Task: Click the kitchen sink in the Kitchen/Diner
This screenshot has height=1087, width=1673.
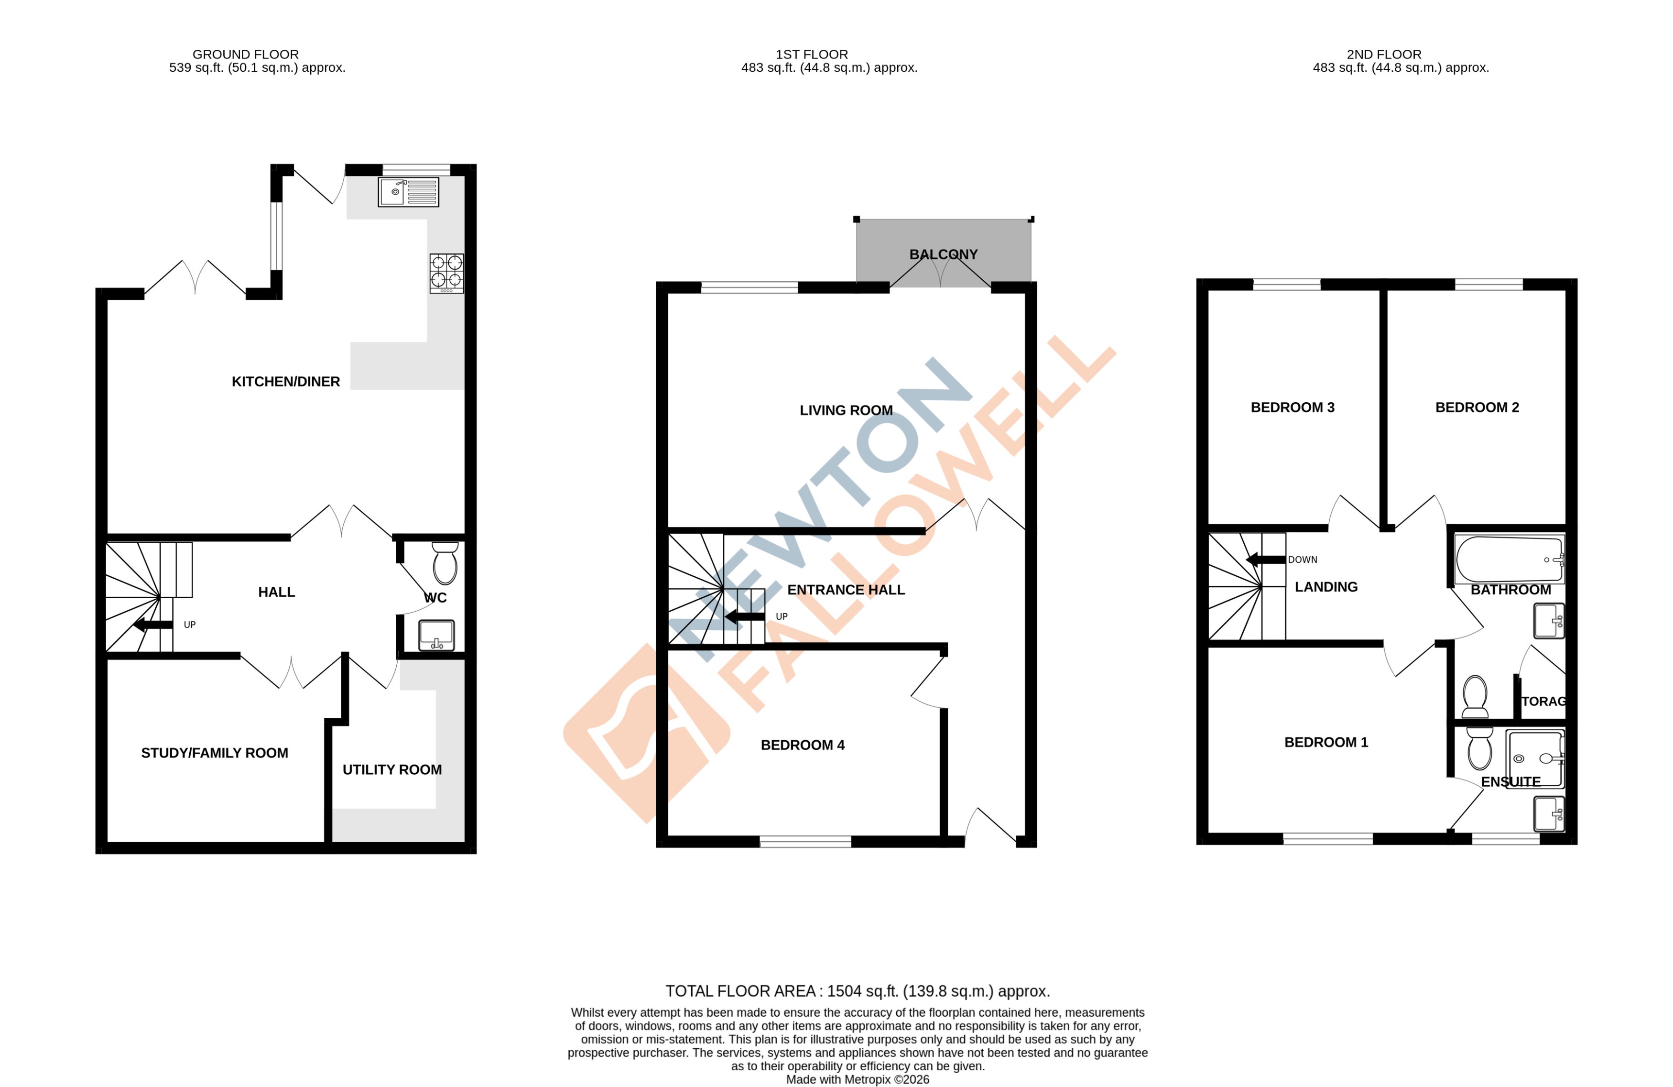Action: [x=408, y=192]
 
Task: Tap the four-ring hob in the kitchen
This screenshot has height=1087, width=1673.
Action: [x=446, y=273]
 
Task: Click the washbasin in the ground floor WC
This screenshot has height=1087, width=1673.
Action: [x=436, y=635]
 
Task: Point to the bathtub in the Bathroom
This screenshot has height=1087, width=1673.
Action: [x=1509, y=560]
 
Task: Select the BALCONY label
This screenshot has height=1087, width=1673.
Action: [x=944, y=254]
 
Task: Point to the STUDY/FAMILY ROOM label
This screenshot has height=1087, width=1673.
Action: [x=215, y=753]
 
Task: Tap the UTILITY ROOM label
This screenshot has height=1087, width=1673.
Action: [x=391, y=770]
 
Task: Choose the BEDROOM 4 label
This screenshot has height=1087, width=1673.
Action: [x=802, y=745]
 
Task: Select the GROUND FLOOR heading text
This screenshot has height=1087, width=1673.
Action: [x=245, y=54]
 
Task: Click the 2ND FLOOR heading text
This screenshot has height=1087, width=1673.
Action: [x=1383, y=54]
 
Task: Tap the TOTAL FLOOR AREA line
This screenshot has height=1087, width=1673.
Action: [x=857, y=991]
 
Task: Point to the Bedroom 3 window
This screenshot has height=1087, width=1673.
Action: [x=1286, y=285]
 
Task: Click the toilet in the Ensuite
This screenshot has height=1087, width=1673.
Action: [x=1480, y=749]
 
